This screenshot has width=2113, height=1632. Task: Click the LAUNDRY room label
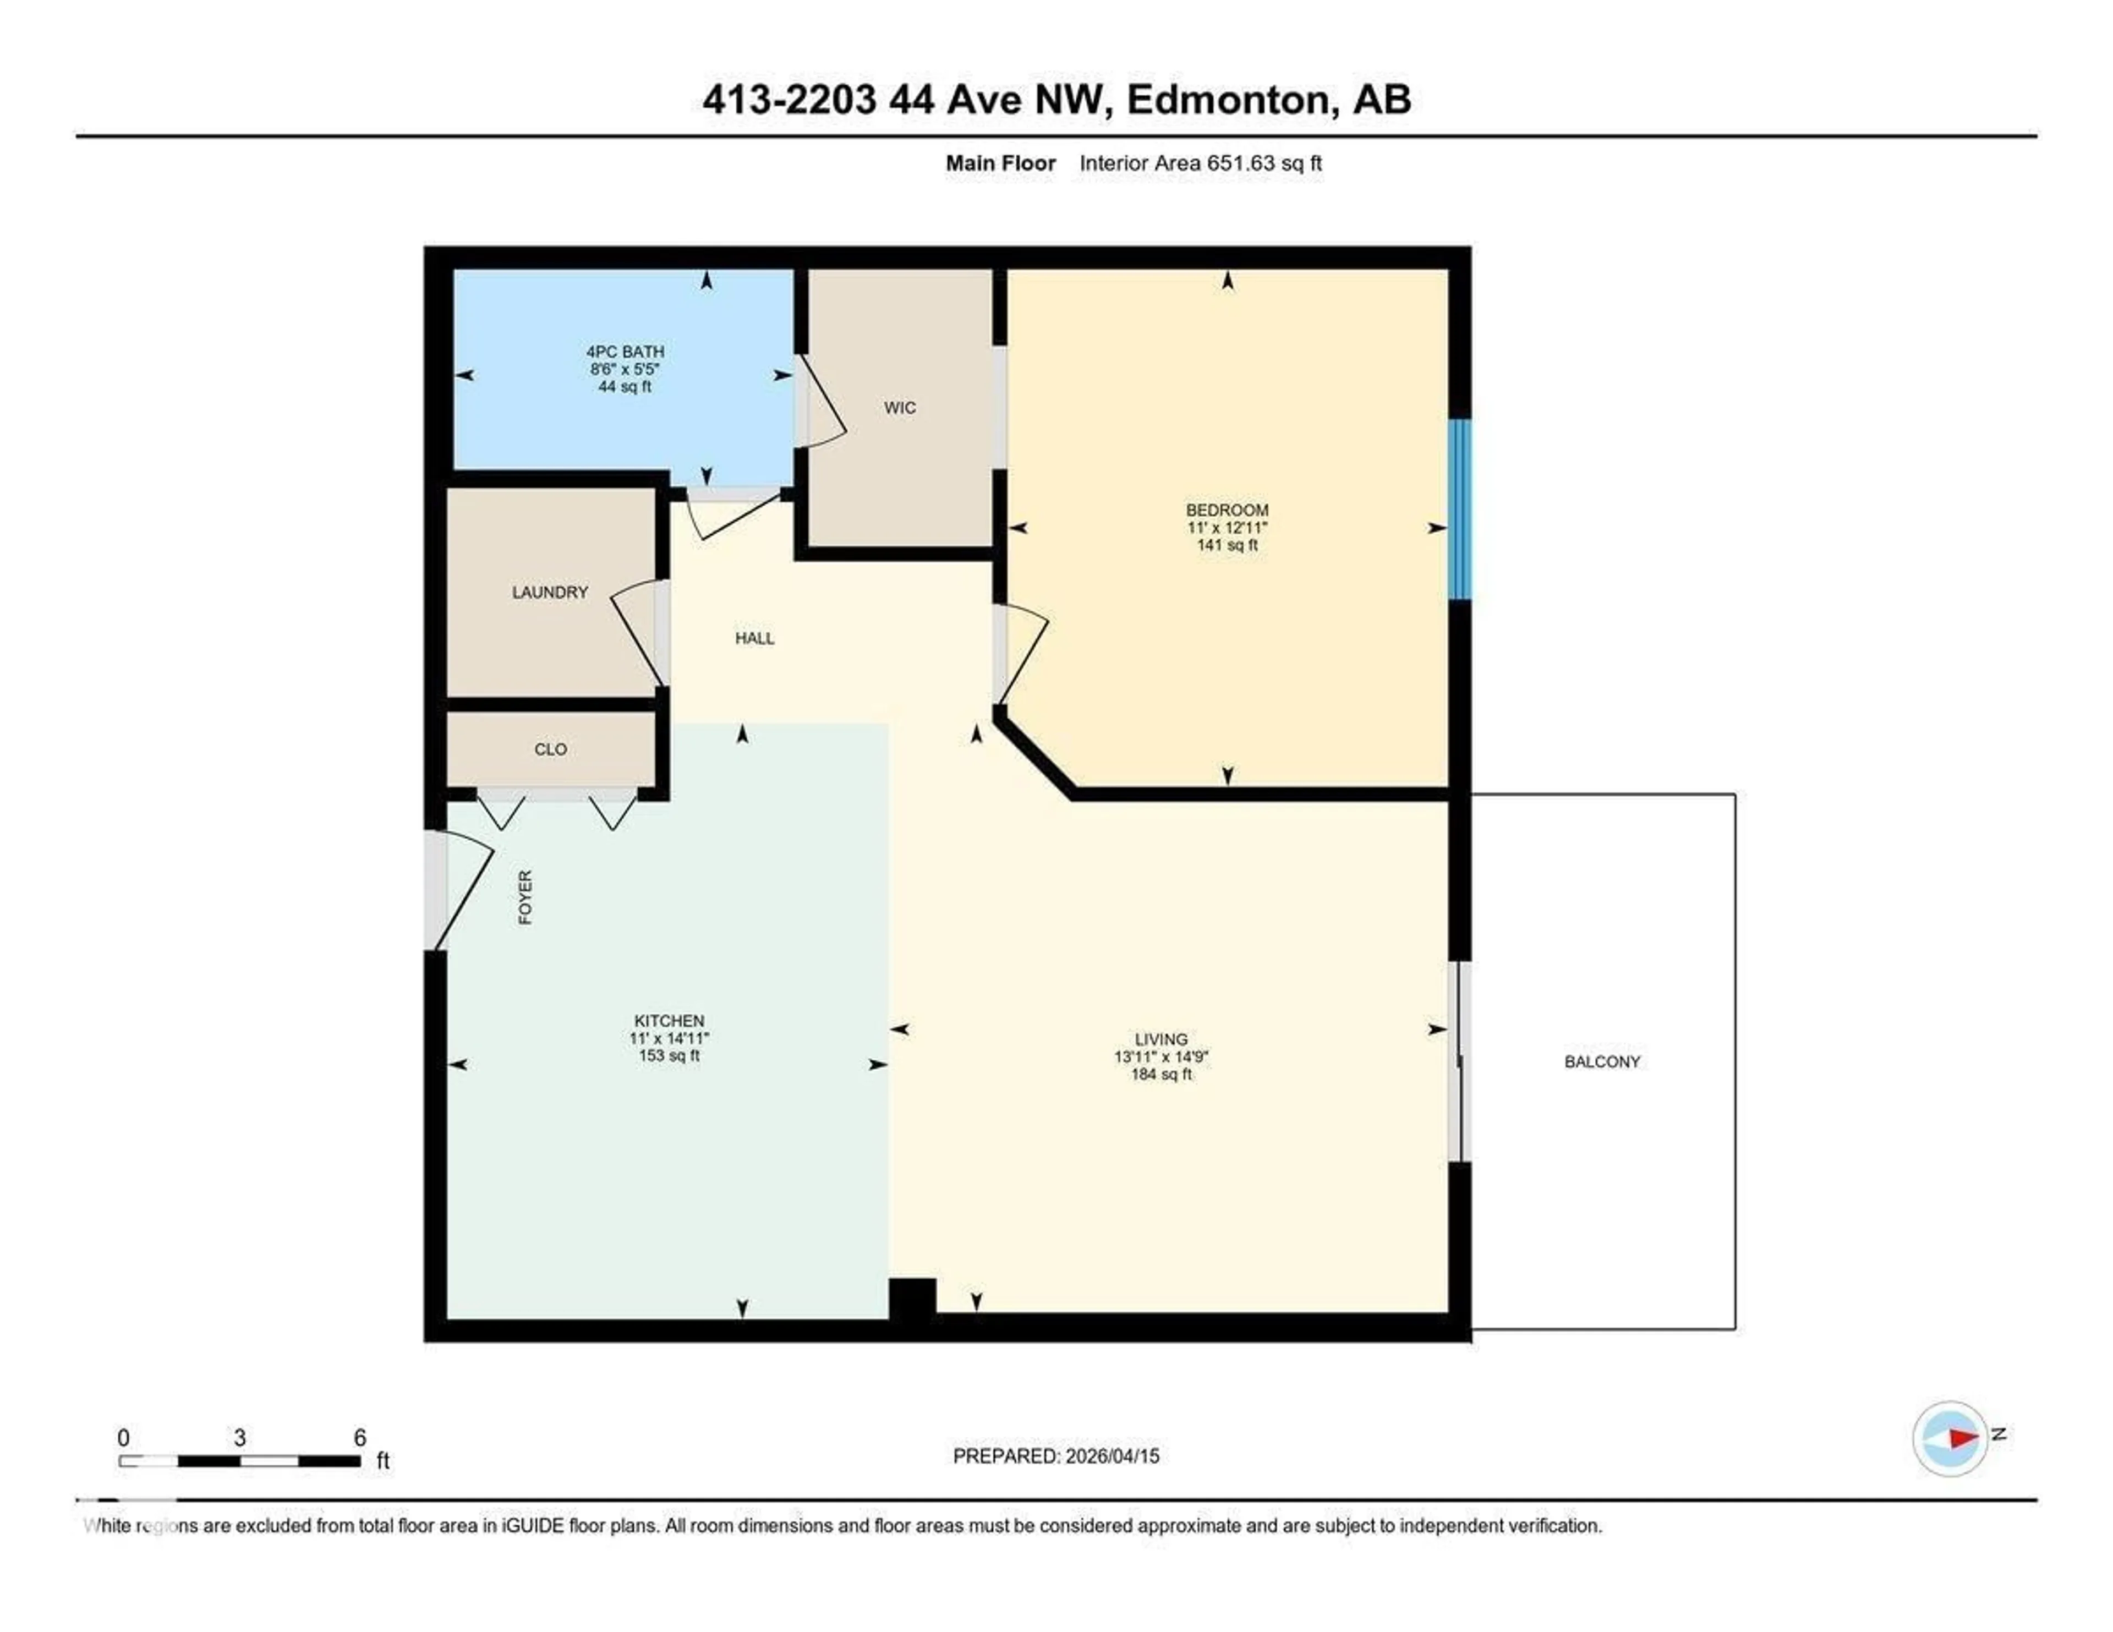550,592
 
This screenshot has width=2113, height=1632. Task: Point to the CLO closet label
550,749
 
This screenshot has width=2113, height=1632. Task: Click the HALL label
754,638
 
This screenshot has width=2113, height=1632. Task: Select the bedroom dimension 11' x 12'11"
1227,527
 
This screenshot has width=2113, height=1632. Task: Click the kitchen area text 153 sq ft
669,1055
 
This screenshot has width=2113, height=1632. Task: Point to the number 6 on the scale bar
360,1438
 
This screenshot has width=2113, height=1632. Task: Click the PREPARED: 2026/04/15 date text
1055,1456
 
